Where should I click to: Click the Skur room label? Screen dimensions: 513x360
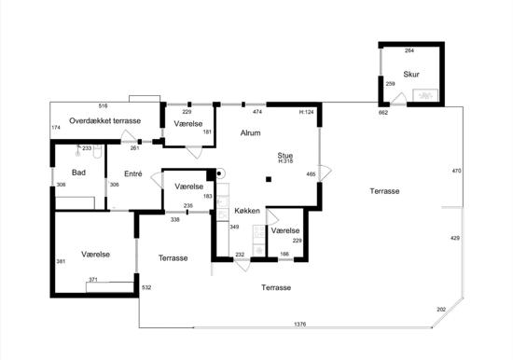(411, 75)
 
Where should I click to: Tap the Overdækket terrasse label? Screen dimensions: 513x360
(105, 120)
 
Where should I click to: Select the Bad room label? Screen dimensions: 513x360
(78, 173)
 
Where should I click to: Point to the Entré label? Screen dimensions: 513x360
(133, 173)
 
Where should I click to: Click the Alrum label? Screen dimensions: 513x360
(250, 132)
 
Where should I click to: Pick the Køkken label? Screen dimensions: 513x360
(247, 211)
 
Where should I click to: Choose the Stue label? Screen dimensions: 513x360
(285, 155)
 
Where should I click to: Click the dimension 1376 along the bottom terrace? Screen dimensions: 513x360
(300, 324)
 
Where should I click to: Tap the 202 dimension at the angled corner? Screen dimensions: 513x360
(441, 310)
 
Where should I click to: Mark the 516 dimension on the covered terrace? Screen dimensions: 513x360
(103, 106)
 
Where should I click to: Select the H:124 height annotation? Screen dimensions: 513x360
(307, 112)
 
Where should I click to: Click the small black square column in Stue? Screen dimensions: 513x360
(269, 179)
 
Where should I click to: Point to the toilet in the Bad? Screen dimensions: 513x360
(97, 151)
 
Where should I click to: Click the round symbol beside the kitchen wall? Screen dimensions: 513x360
(220, 173)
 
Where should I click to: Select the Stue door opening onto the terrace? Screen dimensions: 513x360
(326, 173)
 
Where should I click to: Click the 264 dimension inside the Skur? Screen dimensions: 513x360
(409, 50)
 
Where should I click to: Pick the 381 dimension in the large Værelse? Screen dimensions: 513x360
(61, 261)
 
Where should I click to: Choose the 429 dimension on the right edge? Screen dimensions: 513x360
(455, 238)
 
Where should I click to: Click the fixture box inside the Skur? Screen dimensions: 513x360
(425, 95)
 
